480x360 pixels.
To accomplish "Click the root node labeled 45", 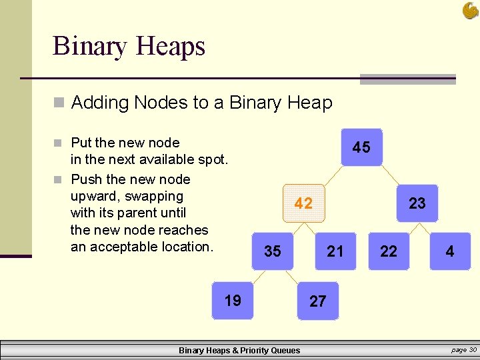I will pyautogui.click(x=361, y=147).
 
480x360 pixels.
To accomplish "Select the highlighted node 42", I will pyautogui.click(x=303, y=203).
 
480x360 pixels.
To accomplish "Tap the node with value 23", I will pyautogui.click(x=417, y=203).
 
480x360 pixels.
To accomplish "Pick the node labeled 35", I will pyautogui.click(x=273, y=251).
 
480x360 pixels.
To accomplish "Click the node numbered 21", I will pyautogui.click(x=335, y=251).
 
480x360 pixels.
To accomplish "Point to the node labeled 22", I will pyautogui.click(x=389, y=251).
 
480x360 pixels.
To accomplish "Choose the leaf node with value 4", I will pyautogui.click(x=450, y=251).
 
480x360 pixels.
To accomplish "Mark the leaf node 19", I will pyautogui.click(x=233, y=301).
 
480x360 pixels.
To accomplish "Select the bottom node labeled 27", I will pyautogui.click(x=318, y=301).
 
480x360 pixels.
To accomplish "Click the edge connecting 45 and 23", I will pyautogui.click(x=390, y=176).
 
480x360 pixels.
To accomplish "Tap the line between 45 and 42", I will pyautogui.click(x=332, y=176).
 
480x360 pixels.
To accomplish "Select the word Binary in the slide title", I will pyautogui.click(x=90, y=46).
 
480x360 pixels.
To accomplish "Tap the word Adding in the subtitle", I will pyautogui.click(x=100, y=103).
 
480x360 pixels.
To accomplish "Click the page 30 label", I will pyautogui.click(x=464, y=350).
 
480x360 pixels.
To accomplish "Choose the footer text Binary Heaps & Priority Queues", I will pyautogui.click(x=239, y=351).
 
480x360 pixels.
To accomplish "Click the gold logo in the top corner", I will pyautogui.click(x=470, y=10).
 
